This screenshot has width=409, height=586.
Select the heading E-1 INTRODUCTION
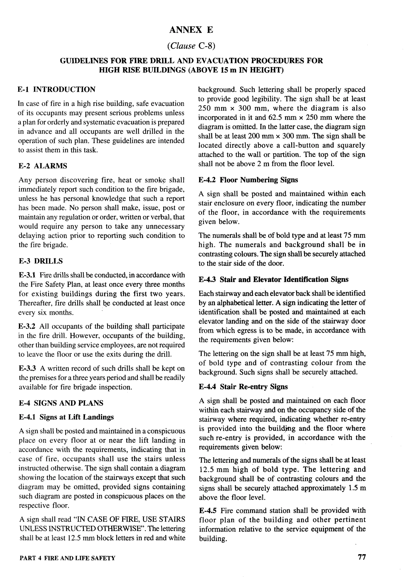[x=57, y=90]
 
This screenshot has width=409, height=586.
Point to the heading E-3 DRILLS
[x=41, y=261]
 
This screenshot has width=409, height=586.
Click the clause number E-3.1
[x=27, y=275]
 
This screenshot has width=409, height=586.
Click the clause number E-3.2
[x=27, y=326]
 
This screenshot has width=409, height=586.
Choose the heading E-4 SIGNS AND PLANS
[x=61, y=403]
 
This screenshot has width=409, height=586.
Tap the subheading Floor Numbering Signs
[x=259, y=180]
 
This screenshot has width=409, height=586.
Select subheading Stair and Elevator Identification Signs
[x=284, y=279]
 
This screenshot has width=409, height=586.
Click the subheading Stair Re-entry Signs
[x=254, y=387]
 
